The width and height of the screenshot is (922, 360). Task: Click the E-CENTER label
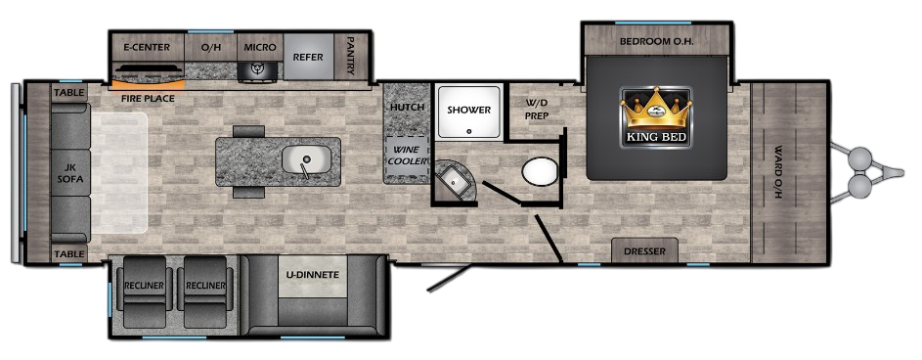[147, 48]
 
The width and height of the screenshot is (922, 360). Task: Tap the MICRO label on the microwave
[260, 48]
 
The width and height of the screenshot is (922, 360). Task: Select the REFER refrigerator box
[308, 57]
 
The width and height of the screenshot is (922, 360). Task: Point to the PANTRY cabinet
[350, 57]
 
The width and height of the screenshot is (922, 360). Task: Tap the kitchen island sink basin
[306, 159]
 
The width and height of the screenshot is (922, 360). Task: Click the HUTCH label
[407, 107]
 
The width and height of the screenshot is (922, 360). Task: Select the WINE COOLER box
[407, 157]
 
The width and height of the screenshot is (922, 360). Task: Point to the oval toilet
[540, 171]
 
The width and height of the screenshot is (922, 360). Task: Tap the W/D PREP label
[536, 109]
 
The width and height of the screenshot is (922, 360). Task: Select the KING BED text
[656, 139]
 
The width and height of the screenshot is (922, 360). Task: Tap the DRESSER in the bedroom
[644, 250]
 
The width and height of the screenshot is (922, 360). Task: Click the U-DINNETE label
[314, 275]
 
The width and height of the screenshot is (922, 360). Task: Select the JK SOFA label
[70, 172]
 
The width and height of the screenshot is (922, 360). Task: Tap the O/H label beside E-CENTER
[210, 48]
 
